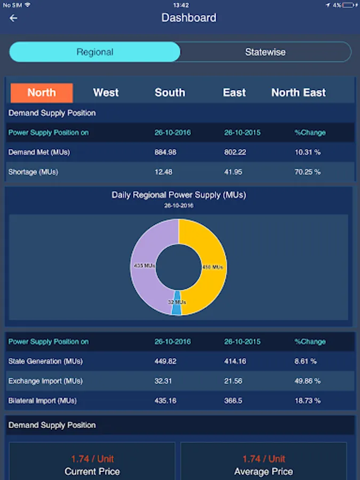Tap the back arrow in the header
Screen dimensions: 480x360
click(14, 18)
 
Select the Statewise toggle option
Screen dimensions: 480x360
click(265, 52)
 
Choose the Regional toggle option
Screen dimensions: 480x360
click(95, 52)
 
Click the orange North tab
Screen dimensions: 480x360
click(42, 93)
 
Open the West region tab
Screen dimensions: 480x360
click(106, 93)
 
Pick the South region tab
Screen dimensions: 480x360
click(170, 93)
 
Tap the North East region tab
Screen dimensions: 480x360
click(298, 93)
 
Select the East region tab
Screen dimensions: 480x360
click(234, 93)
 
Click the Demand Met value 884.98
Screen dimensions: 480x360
click(165, 153)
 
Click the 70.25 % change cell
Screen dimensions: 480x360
click(308, 172)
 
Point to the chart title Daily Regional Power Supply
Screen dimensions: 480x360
click(179, 195)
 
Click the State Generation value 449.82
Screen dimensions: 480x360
click(165, 362)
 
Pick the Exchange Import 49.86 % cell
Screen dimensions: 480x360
click(308, 381)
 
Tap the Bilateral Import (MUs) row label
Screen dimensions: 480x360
click(43, 401)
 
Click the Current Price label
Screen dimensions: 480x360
click(92, 471)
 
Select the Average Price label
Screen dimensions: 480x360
click(263, 471)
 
